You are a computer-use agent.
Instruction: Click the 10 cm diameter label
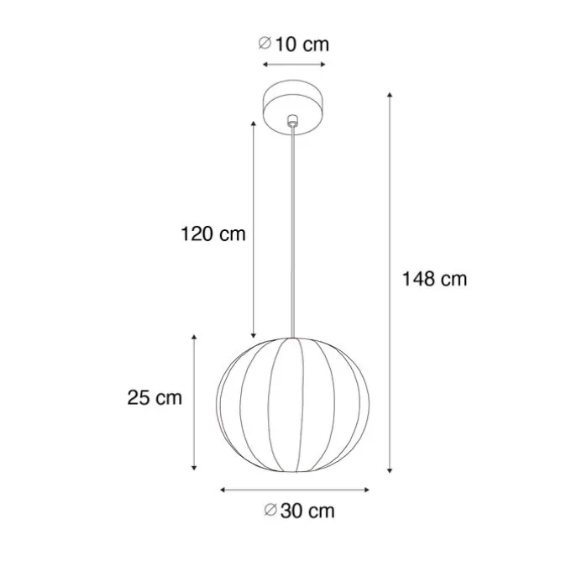click(293, 45)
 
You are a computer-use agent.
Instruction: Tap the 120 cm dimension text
click(213, 233)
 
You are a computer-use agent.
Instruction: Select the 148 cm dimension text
click(434, 279)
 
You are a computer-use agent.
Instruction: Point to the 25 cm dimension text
click(155, 397)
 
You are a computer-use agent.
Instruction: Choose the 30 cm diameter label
click(300, 511)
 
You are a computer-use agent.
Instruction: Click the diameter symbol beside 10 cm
click(265, 43)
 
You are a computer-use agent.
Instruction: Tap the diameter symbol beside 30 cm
click(270, 510)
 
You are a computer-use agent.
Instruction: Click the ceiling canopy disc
click(293, 107)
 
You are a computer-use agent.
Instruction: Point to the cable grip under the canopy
click(292, 120)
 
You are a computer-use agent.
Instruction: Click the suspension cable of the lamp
click(292, 232)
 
